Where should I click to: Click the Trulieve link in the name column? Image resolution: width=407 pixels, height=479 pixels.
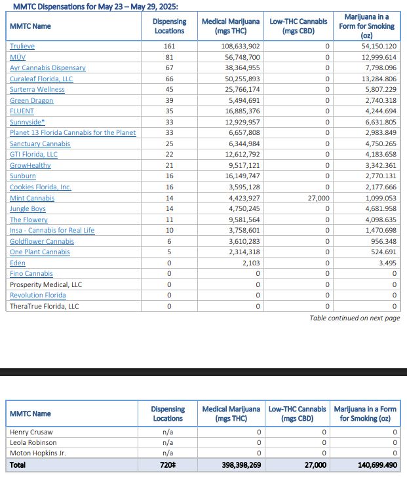tap(23, 46)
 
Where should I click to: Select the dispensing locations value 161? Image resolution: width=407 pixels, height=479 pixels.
tap(169, 46)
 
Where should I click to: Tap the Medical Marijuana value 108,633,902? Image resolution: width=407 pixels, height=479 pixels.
tap(241, 46)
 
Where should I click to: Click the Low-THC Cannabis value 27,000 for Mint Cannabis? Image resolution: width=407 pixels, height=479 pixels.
tap(319, 198)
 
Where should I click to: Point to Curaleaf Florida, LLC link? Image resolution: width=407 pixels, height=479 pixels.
tap(41, 79)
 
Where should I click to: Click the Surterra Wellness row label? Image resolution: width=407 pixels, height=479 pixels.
tap(37, 89)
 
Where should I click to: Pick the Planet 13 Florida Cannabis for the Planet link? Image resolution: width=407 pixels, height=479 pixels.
tap(73, 132)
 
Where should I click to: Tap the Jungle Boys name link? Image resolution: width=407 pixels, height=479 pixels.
tap(28, 208)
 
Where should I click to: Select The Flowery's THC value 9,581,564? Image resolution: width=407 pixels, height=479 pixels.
tap(244, 220)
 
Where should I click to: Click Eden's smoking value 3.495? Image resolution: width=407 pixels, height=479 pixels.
tap(386, 263)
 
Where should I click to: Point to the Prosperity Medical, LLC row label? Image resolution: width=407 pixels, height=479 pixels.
tap(46, 284)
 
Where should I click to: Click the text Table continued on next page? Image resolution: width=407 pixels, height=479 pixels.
tap(355, 318)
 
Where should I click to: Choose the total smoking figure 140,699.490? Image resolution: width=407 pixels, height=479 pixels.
tap(371, 465)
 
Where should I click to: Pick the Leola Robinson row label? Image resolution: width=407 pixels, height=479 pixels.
tap(33, 442)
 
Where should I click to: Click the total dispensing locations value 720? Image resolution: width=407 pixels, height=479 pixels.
tap(168, 465)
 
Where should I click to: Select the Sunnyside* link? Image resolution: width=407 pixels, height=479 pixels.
tap(28, 122)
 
